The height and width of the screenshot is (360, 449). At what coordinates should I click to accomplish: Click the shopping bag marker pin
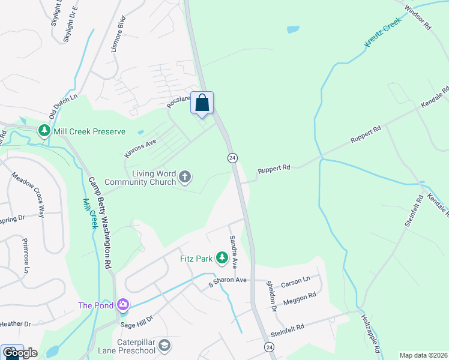(x=202, y=103)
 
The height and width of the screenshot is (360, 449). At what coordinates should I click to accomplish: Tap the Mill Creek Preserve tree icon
(x=44, y=131)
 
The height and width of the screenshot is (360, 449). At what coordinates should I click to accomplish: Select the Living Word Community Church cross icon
(x=185, y=177)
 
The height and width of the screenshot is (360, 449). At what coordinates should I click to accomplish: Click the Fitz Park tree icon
(x=222, y=259)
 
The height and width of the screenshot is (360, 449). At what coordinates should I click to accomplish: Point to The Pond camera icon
(x=123, y=305)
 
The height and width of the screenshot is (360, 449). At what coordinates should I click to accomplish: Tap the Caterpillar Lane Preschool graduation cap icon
(x=164, y=346)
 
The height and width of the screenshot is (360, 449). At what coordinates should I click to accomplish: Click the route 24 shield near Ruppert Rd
(x=232, y=158)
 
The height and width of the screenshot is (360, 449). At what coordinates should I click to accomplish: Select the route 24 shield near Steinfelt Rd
(x=270, y=347)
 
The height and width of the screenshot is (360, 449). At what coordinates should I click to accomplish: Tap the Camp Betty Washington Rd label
(x=101, y=222)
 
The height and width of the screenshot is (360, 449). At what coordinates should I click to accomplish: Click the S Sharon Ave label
(x=228, y=280)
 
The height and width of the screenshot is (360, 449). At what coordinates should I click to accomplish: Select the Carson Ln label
(x=295, y=280)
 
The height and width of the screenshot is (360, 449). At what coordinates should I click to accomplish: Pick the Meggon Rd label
(x=300, y=298)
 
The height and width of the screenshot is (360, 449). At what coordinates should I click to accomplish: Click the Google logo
(x=20, y=353)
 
